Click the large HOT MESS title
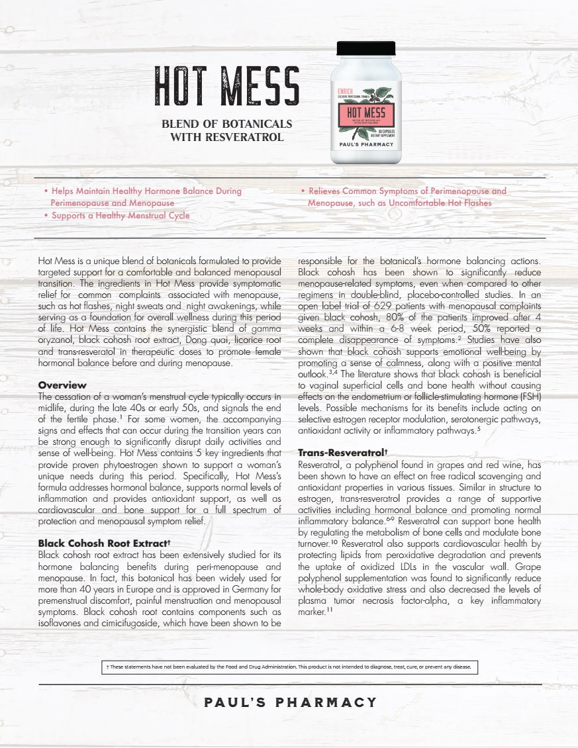pyautogui.click(x=227, y=86)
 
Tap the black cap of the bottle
pyautogui.click(x=366, y=48)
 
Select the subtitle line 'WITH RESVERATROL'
pyautogui.click(x=227, y=138)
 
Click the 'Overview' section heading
pyautogui.click(x=62, y=385)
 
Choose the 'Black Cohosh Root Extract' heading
pyautogui.click(x=105, y=543)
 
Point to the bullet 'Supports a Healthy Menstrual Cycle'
pyautogui.click(x=120, y=216)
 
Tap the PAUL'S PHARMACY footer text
pyautogui.click(x=291, y=702)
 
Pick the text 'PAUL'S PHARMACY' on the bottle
pyautogui.click(x=366, y=144)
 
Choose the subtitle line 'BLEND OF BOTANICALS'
pyautogui.click(x=227, y=124)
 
